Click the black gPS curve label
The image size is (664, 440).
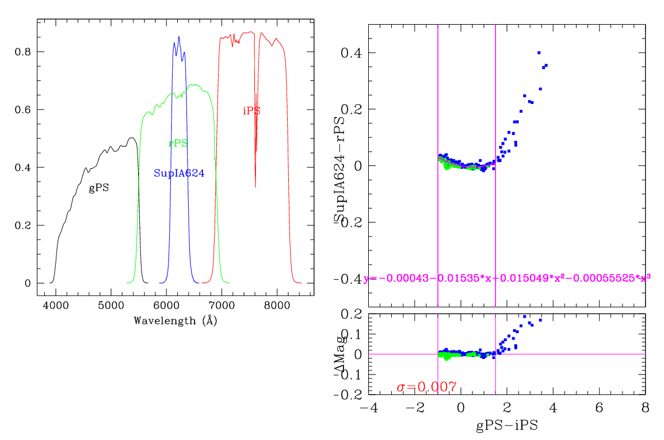pyautogui.click(x=98, y=188)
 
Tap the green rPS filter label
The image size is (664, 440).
pyautogui.click(x=178, y=144)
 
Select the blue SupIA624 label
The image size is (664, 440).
pyautogui.click(x=179, y=173)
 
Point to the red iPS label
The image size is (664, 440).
pyautogui.click(x=251, y=111)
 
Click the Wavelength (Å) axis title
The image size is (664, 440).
pyautogui.click(x=175, y=321)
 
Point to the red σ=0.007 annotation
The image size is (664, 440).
pyautogui.click(x=426, y=387)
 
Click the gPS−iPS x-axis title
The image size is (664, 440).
pyautogui.click(x=507, y=426)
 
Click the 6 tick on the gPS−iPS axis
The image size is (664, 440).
pyautogui.click(x=599, y=407)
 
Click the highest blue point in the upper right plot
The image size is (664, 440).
pyautogui.click(x=539, y=53)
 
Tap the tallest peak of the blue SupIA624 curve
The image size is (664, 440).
pyautogui.click(x=179, y=37)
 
